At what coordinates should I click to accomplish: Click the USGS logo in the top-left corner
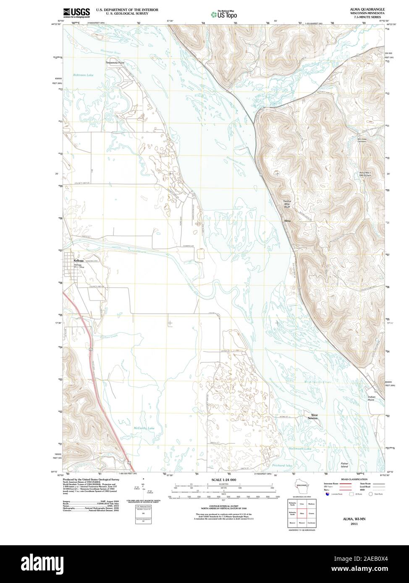pos(76,13)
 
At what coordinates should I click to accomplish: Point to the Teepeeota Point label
pos(115,62)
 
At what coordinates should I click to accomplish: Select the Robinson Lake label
pos(83,75)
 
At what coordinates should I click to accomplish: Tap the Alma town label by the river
pos(287,221)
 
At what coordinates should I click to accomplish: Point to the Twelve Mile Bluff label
pos(287,204)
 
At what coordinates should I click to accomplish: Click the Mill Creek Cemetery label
pos(362,140)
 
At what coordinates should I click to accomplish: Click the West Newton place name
pos(314,417)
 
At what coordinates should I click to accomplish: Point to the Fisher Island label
pos(344,465)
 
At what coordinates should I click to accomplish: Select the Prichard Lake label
pos(282,466)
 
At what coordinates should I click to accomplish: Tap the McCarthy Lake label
pos(144,428)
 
